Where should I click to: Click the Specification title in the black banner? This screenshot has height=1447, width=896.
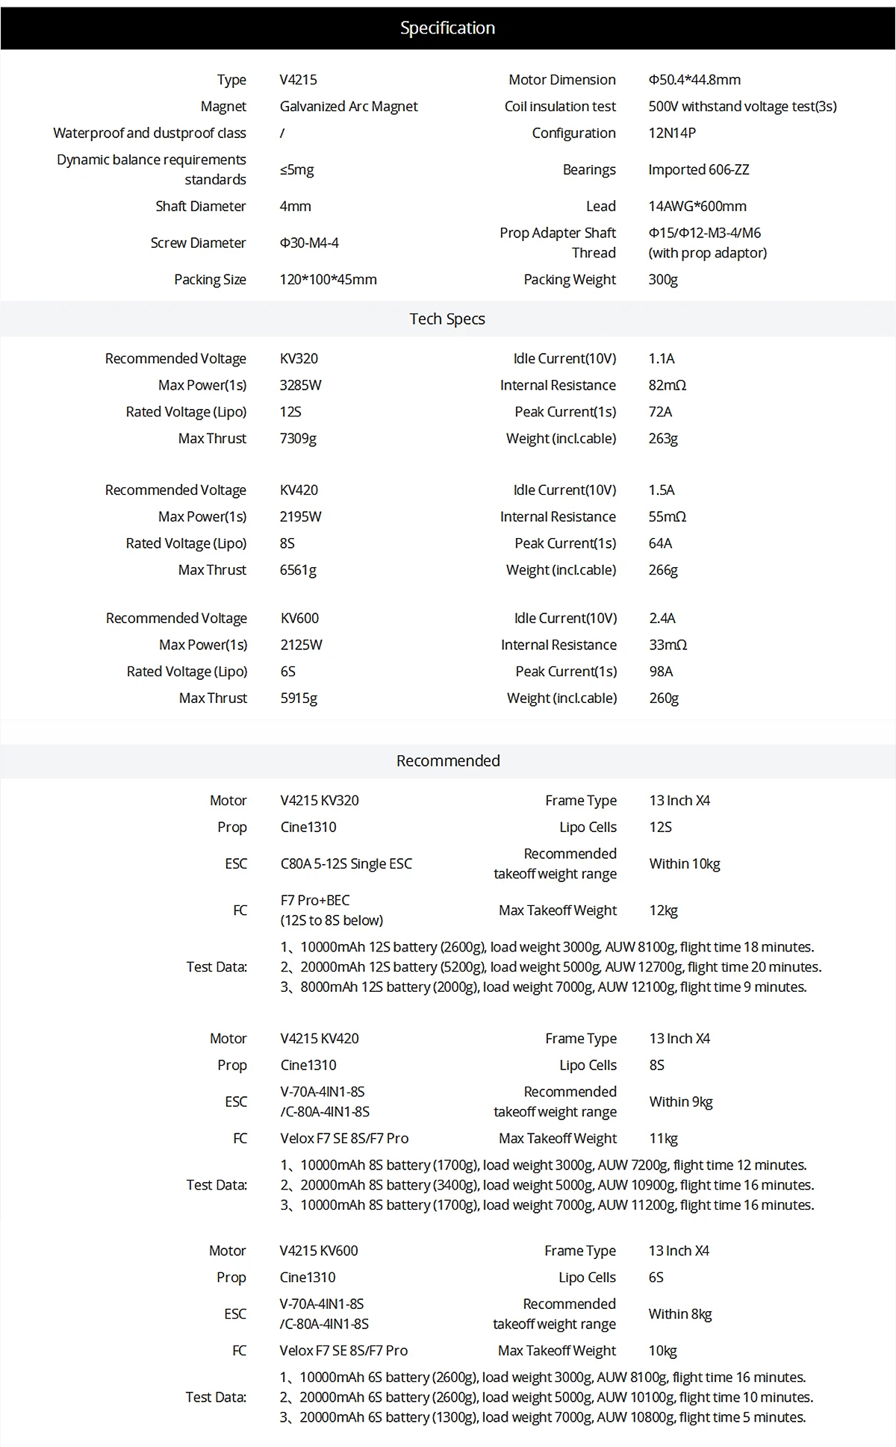pyautogui.click(x=447, y=28)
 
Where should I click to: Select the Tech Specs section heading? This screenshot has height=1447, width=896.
pyautogui.click(x=447, y=319)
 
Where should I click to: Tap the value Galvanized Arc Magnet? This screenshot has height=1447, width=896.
pyautogui.click(x=349, y=107)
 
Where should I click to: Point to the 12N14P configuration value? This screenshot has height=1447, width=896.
pyautogui.click(x=672, y=133)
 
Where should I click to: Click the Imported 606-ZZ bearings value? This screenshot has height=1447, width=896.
pyautogui.click(x=698, y=169)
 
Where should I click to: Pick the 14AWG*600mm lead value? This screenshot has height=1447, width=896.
pyautogui.click(x=697, y=206)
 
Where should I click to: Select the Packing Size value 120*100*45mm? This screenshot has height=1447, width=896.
pyautogui.click(x=329, y=279)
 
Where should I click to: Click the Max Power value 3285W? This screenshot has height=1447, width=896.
pyautogui.click(x=300, y=385)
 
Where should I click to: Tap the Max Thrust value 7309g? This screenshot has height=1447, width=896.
pyautogui.click(x=298, y=438)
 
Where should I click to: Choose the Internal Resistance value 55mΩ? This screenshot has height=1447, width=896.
pyautogui.click(x=667, y=516)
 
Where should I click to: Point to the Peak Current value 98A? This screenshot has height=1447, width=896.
pyautogui.click(x=661, y=671)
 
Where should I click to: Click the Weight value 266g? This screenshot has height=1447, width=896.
pyautogui.click(x=663, y=569)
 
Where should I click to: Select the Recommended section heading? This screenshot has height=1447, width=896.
pyautogui.click(x=448, y=760)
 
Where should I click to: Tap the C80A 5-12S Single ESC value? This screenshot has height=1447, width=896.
pyautogui.click(x=346, y=863)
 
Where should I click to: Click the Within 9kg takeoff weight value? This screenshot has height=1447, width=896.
pyautogui.click(x=681, y=1101)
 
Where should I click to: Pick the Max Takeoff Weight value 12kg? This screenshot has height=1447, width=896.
pyautogui.click(x=663, y=910)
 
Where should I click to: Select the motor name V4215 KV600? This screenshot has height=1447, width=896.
pyautogui.click(x=319, y=1250)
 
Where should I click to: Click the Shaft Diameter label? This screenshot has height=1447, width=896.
pyautogui.click(x=201, y=206)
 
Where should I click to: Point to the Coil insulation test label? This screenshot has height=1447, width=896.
pyautogui.click(x=560, y=107)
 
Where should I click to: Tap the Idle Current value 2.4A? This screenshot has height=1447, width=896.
pyautogui.click(x=662, y=618)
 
